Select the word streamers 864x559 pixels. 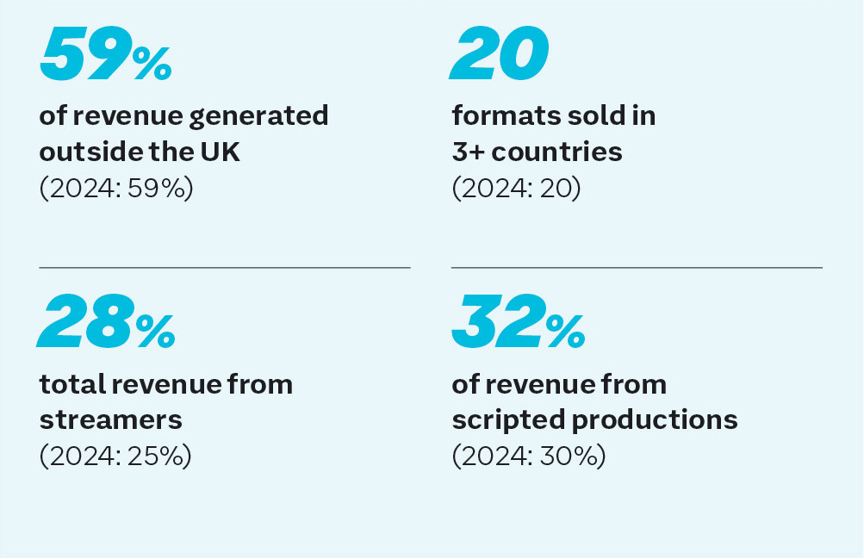coord(110,419)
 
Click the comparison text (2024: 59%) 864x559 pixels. coord(116,188)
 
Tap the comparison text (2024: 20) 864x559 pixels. coord(516,188)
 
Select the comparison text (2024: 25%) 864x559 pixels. coord(115,457)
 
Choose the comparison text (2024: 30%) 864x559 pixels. coord(529,457)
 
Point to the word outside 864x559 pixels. coord(90,152)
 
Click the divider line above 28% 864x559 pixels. coord(224,268)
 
